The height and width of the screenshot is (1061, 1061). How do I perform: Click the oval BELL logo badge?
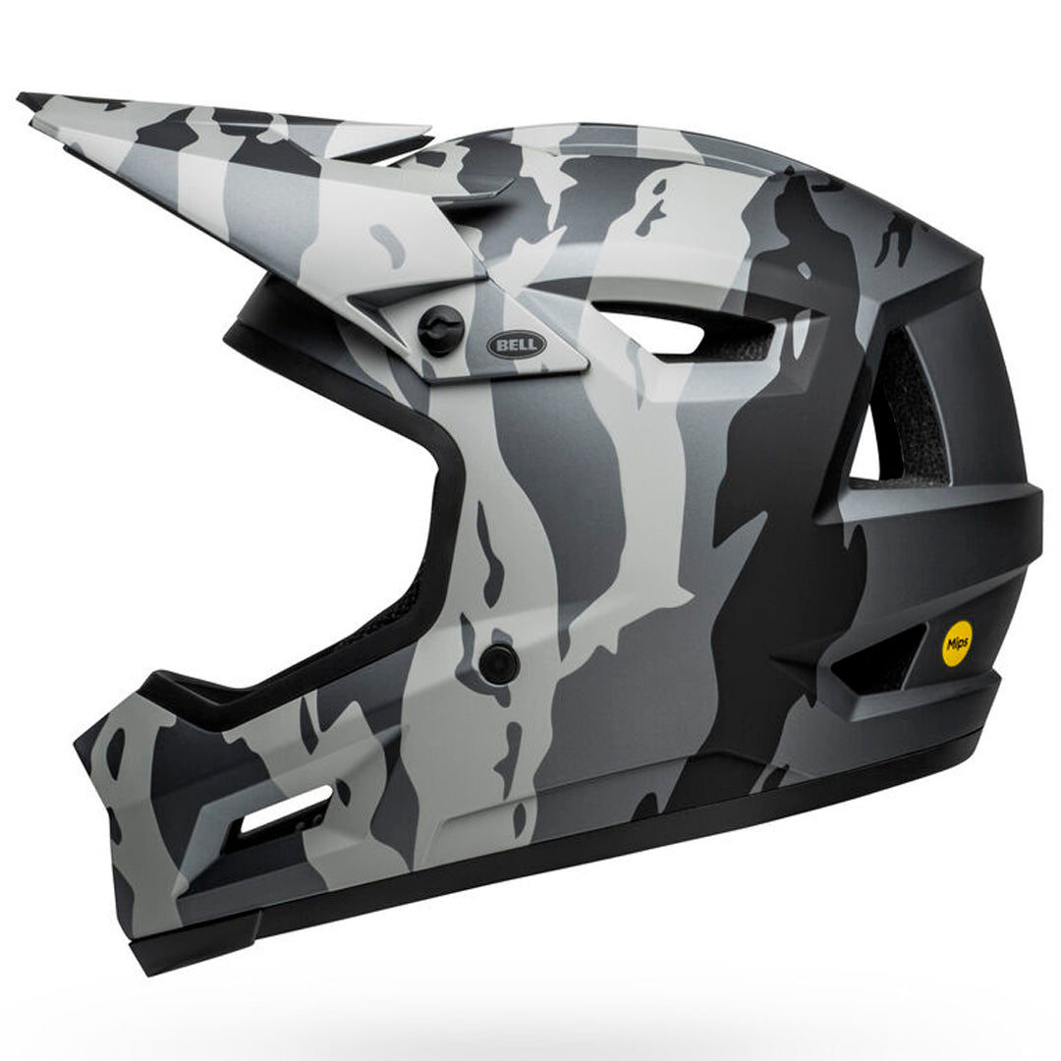(x=517, y=345)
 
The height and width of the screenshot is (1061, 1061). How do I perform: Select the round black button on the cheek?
(x=499, y=662)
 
